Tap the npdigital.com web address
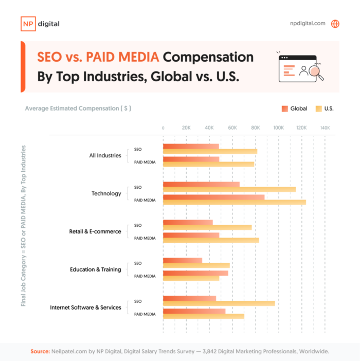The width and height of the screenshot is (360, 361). pyautogui.click(x=308, y=24)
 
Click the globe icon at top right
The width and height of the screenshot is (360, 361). pyautogui.click(x=335, y=24)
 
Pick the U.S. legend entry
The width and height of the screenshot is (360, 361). pyautogui.click(x=324, y=109)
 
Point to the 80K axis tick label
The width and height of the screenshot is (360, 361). pyautogui.click(x=255, y=128)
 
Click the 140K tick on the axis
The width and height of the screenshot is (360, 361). pyautogui.click(x=325, y=128)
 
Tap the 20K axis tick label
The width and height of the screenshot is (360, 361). pyautogui.click(x=186, y=128)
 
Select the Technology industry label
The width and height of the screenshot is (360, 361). pyautogui.click(x=106, y=193)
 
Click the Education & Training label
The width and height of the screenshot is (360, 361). pyautogui.click(x=96, y=269)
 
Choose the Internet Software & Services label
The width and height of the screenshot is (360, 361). pyautogui.click(x=85, y=308)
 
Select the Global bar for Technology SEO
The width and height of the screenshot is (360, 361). pyautogui.click(x=201, y=184)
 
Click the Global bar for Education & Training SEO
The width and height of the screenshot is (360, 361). pyautogui.click(x=183, y=260)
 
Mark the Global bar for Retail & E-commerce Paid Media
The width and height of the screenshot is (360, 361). pyautogui.click(x=191, y=235)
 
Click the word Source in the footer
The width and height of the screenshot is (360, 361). pyautogui.click(x=40, y=351)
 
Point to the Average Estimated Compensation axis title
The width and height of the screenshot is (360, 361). pyautogui.click(x=78, y=109)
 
